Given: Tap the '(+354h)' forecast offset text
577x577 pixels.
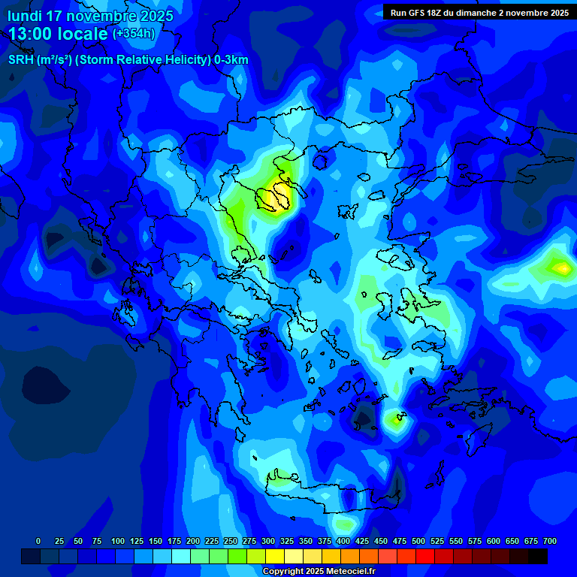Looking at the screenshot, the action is tap(134, 33).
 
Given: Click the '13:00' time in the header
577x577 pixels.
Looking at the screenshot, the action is tap(31, 34).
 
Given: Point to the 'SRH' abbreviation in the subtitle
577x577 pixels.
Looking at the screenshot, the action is tap(21, 60).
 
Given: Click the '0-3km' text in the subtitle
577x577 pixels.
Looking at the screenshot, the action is tap(231, 60).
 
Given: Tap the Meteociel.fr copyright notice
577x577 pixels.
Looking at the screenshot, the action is tap(319, 571).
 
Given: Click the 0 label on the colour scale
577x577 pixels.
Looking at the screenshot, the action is tap(38, 541).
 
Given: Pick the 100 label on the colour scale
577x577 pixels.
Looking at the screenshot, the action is tap(118, 541).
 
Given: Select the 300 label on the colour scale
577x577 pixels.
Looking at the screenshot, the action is tap(268, 541).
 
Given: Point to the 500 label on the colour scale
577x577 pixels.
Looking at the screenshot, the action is tap(418, 541).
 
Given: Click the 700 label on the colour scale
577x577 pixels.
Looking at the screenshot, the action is tap(550, 541).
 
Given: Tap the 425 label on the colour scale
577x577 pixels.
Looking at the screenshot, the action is tap(362, 541).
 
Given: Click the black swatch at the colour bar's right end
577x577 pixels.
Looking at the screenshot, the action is tap(538, 557).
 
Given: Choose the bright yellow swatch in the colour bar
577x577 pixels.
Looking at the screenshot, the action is tap(275, 557).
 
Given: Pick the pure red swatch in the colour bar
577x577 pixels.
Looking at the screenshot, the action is tap(425, 557).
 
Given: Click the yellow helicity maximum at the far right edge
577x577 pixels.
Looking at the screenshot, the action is tap(561, 267).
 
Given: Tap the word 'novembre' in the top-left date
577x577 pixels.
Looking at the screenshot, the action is tap(104, 16).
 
